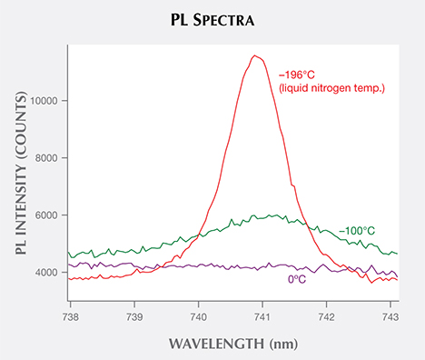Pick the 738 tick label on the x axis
point(71,316)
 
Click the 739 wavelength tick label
point(134,316)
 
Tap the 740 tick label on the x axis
point(199,316)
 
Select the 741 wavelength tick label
point(263,316)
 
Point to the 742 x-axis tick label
point(328,316)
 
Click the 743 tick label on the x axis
point(391,316)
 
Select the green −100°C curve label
point(361,231)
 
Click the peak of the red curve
point(257,55)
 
